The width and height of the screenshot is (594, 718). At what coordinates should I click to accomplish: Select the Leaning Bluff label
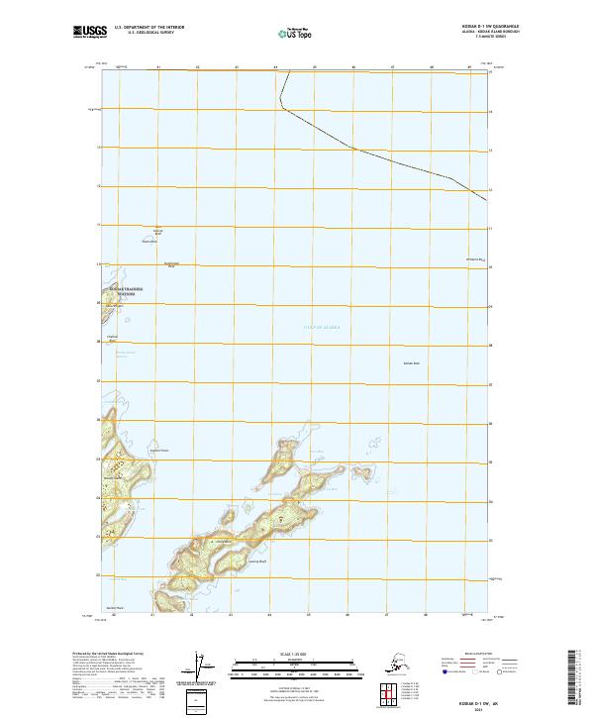[257, 562]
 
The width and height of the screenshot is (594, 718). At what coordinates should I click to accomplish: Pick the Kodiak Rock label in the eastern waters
[411, 363]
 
